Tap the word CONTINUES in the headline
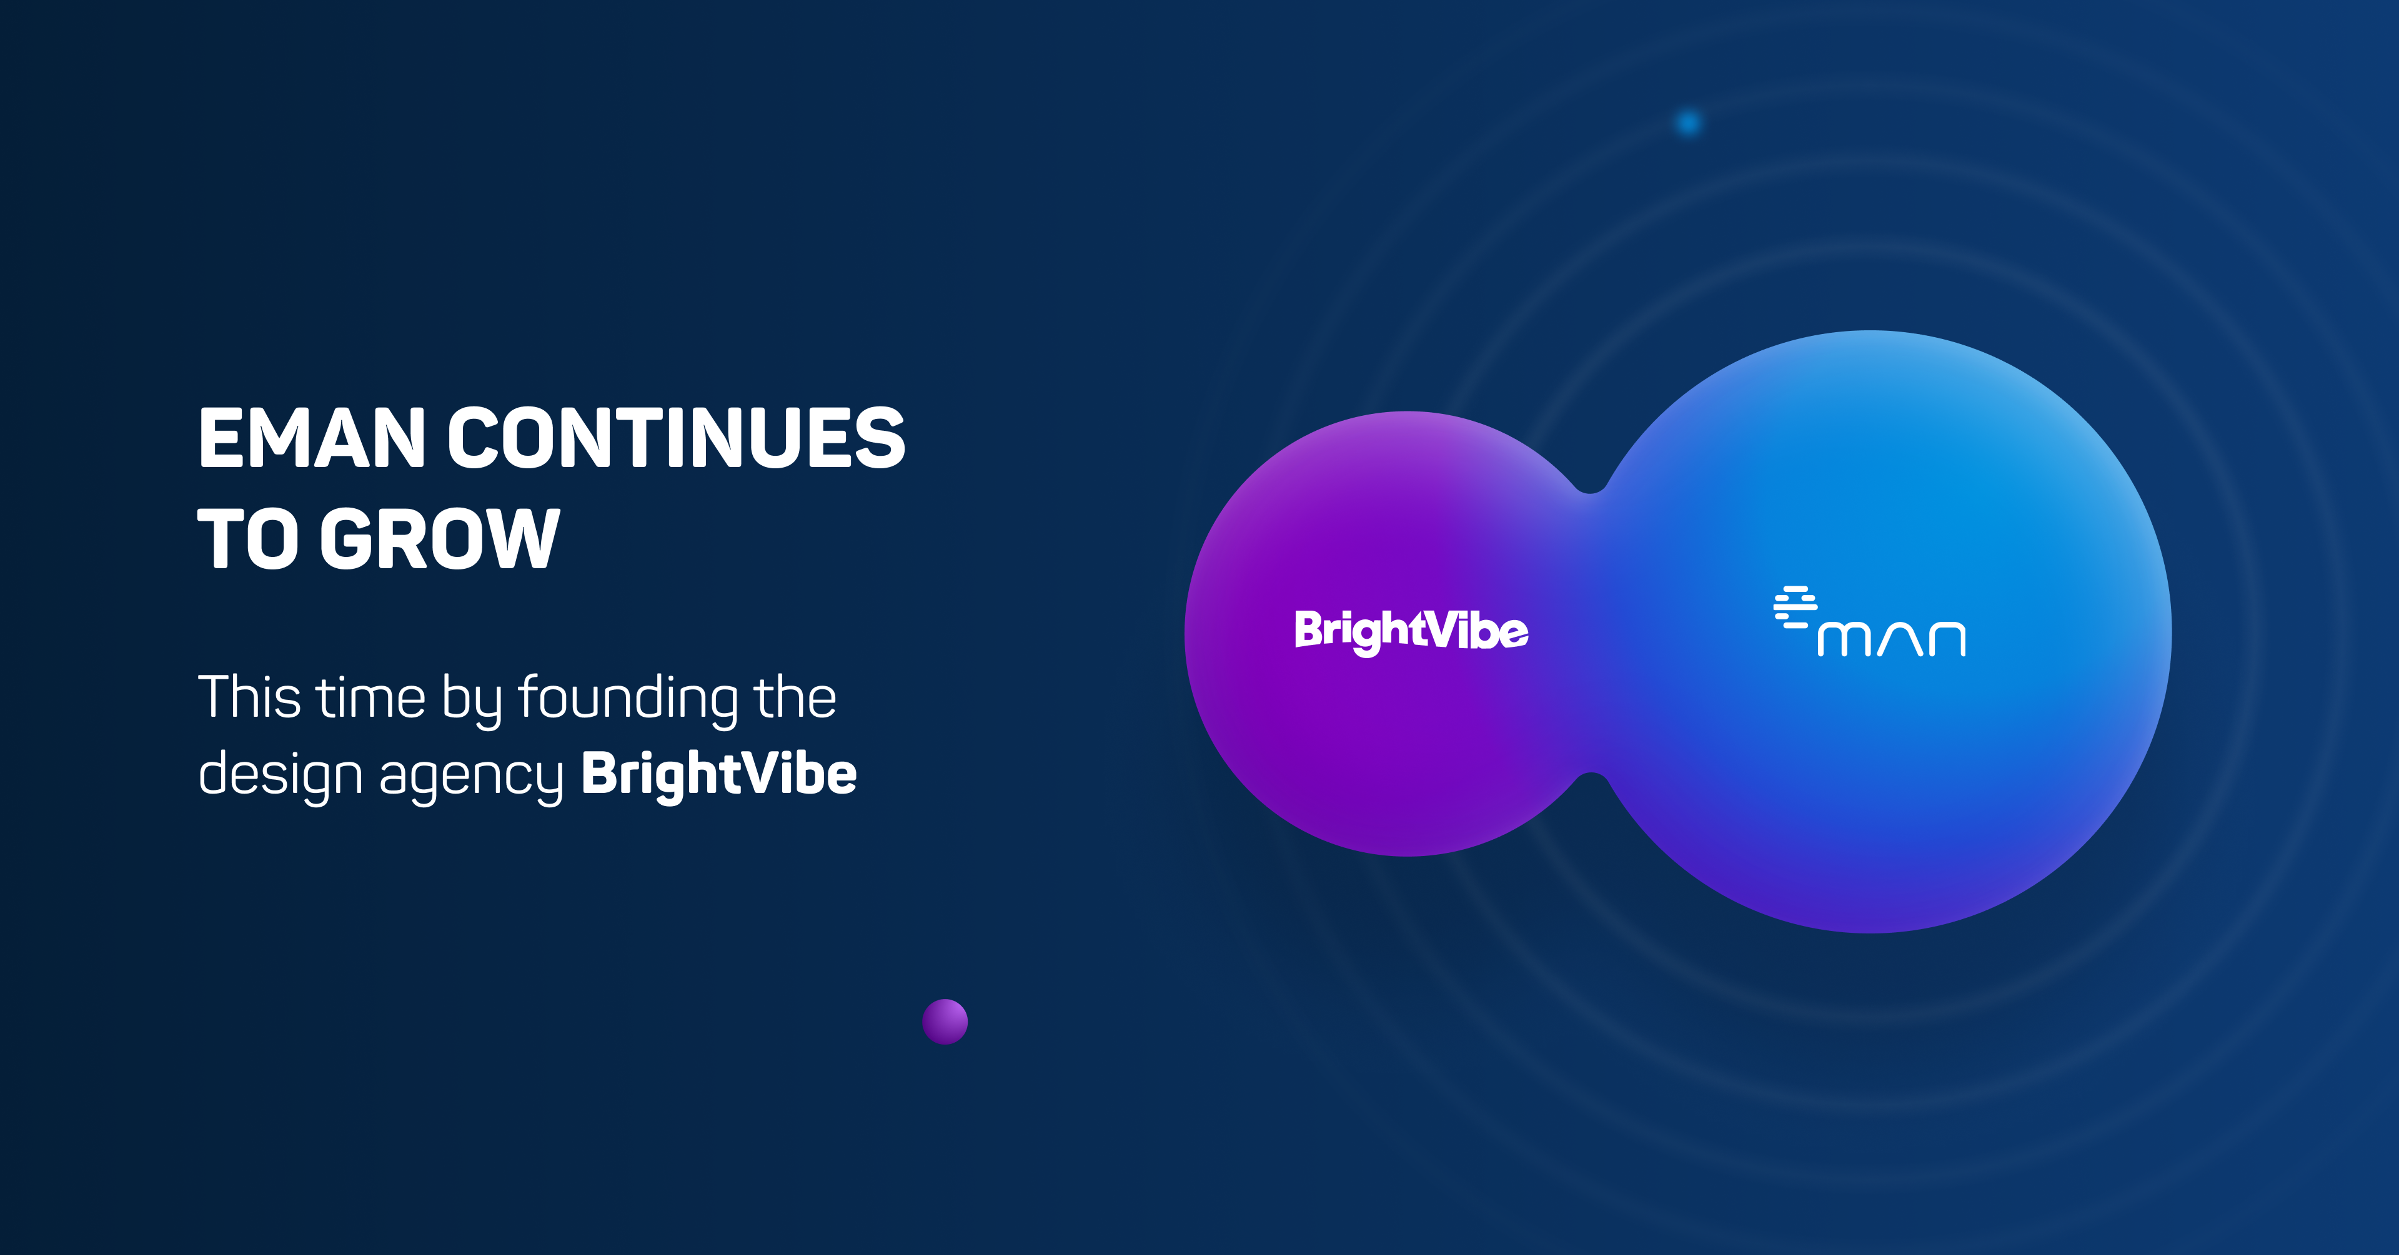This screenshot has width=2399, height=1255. (x=677, y=438)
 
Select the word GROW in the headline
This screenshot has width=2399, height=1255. (x=440, y=538)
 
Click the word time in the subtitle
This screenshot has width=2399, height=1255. (x=372, y=698)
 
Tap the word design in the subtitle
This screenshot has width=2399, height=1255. (x=281, y=775)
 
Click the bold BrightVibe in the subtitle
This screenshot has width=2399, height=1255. (x=719, y=775)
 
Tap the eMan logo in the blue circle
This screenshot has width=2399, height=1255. (x=1869, y=621)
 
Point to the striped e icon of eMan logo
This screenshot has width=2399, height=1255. (x=1795, y=607)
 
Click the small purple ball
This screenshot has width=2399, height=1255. (x=945, y=1021)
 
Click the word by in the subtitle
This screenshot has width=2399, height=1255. (x=471, y=700)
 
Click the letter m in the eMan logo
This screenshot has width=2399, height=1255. (x=1844, y=639)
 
